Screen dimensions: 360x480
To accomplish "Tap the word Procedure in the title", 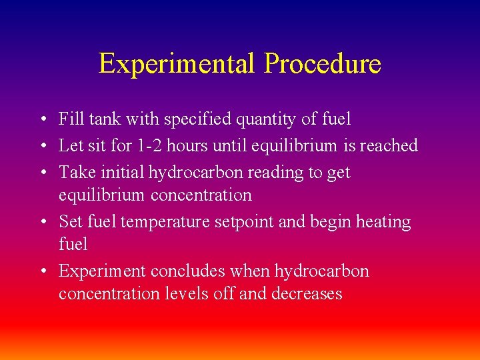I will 323,64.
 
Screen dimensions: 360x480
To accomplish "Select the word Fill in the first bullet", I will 69,119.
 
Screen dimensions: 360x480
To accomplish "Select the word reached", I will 389,145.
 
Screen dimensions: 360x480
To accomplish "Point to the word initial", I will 124,172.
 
